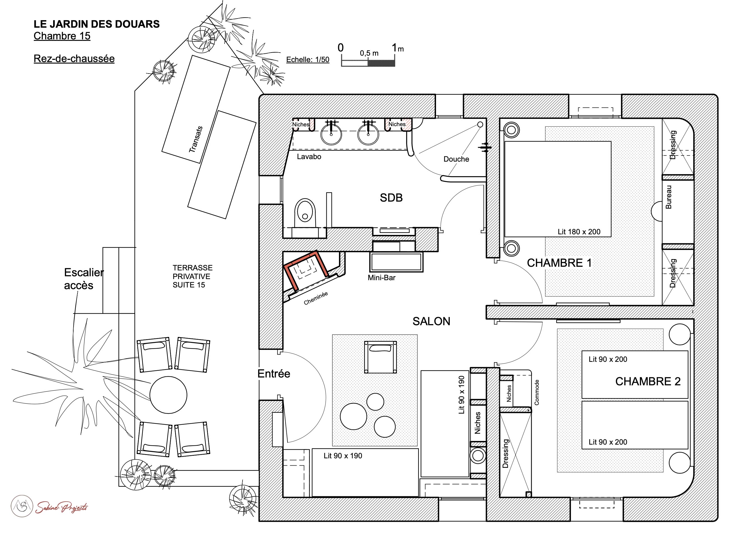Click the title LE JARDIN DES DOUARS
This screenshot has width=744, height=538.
[x=96, y=24]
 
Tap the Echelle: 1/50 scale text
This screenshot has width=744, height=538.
[x=308, y=59]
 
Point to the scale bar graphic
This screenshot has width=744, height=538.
[x=368, y=63]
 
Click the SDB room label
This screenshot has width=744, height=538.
[x=391, y=197]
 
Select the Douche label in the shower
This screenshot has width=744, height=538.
[x=456, y=159]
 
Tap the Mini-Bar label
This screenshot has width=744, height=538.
[x=382, y=278]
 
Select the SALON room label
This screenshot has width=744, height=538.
[x=431, y=321]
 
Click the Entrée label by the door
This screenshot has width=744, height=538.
[x=274, y=374]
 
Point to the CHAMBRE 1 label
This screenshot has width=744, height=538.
[x=559, y=263]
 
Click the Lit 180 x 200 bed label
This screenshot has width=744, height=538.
[x=579, y=232]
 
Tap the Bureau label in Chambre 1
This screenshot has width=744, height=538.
[x=668, y=197]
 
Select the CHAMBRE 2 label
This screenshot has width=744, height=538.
[x=648, y=381]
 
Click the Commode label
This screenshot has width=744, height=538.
[x=537, y=392]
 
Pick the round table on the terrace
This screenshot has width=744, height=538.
[x=168, y=395]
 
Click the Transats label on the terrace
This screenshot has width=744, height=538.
[x=196, y=140]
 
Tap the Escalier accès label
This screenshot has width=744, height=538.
[x=84, y=279]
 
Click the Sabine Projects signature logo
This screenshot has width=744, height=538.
[x=50, y=506]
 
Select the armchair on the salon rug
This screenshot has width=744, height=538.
[x=380, y=357]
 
